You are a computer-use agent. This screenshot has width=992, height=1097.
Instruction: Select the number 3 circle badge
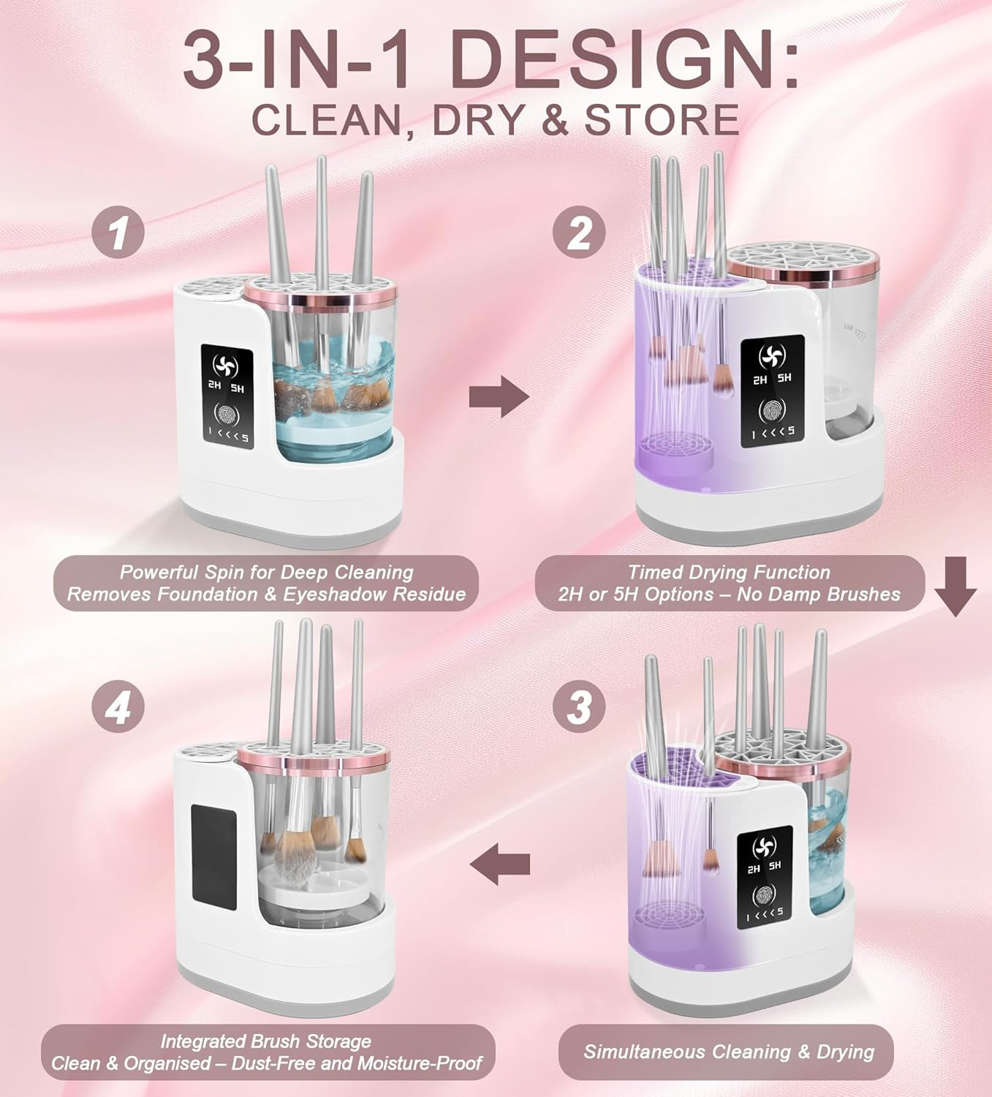pyautogui.click(x=578, y=707)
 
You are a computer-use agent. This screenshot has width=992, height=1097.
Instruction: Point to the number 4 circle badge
pyautogui.click(x=118, y=707)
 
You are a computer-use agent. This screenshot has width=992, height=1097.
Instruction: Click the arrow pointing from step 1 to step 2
pyautogui.click(x=499, y=397)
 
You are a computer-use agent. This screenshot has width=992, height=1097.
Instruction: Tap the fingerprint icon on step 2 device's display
pyautogui.click(x=773, y=411)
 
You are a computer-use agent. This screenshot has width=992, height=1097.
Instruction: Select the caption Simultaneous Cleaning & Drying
pyautogui.click(x=729, y=1052)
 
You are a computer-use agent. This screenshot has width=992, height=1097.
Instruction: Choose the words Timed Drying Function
pyautogui.click(x=729, y=572)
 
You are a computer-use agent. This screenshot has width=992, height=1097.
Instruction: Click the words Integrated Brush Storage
pyautogui.click(x=265, y=1041)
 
